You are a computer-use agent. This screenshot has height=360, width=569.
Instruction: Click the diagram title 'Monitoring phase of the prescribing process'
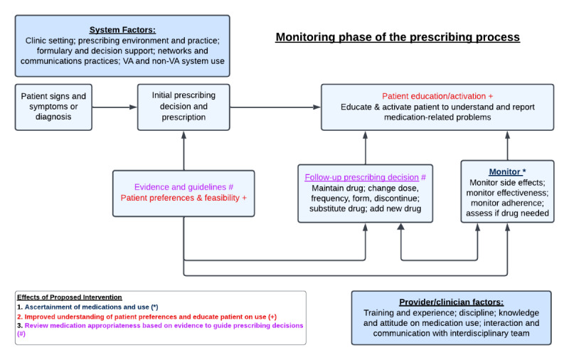[398, 38]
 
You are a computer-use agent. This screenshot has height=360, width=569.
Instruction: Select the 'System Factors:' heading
[122, 30]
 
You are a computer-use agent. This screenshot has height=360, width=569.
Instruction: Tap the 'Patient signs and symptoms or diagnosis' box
[53, 107]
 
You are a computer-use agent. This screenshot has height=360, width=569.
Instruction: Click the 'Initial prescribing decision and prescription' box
[184, 107]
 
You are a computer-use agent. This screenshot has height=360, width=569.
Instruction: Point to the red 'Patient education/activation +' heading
[437, 96]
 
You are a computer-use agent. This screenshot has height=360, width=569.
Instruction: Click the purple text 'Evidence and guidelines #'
[184, 187]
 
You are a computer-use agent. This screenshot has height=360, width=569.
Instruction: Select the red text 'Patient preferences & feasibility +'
[184, 198]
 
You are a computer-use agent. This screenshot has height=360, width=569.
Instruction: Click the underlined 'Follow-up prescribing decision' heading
[362, 177]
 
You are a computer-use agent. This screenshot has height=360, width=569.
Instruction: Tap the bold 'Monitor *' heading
[507, 171]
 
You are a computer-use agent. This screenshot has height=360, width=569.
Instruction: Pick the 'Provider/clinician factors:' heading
[452, 302]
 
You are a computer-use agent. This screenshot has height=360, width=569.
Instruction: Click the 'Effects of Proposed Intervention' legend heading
[69, 297]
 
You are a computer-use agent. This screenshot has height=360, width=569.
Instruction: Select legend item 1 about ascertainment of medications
[87, 307]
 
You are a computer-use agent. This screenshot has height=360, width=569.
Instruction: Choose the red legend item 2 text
[147, 317]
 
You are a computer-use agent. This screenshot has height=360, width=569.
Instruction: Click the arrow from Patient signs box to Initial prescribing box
[115, 107]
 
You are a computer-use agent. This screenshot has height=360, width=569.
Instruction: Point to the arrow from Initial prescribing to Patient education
[275, 107]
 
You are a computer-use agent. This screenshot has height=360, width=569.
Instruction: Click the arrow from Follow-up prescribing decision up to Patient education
[366, 148]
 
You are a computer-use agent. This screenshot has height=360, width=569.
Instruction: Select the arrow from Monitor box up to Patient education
[507, 146]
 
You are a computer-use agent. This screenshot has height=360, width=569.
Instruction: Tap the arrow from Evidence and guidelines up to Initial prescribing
[184, 151]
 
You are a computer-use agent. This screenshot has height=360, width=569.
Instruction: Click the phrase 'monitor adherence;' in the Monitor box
[507, 203]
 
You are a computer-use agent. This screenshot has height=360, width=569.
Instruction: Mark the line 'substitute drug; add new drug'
[365, 208]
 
